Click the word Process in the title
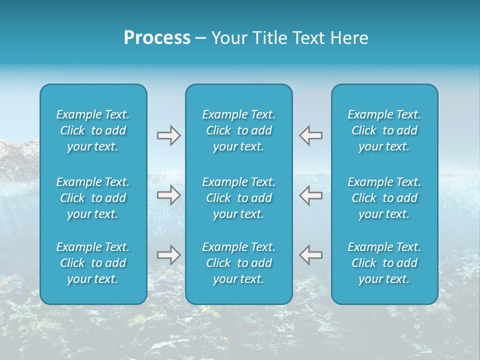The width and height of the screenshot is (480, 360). [x=157, y=38]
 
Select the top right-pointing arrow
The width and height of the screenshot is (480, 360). [x=168, y=135]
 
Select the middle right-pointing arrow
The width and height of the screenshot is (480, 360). [x=168, y=195]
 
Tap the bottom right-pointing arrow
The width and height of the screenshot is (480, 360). [x=168, y=255]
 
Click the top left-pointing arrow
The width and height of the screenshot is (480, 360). [x=311, y=135]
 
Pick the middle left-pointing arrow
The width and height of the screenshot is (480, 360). [x=311, y=195]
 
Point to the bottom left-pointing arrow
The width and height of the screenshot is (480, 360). [x=311, y=255]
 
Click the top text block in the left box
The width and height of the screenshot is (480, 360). [x=93, y=130]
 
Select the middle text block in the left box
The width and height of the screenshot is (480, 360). [x=93, y=198]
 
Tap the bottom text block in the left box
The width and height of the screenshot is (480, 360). [x=93, y=263]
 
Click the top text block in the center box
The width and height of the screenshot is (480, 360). [x=239, y=130]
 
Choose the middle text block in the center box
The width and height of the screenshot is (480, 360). [x=239, y=198]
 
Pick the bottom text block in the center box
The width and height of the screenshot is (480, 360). [x=239, y=263]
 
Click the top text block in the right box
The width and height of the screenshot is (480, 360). [x=384, y=130]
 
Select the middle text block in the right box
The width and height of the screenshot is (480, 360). [x=384, y=198]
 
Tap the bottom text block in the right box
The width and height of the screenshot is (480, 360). [x=384, y=263]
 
